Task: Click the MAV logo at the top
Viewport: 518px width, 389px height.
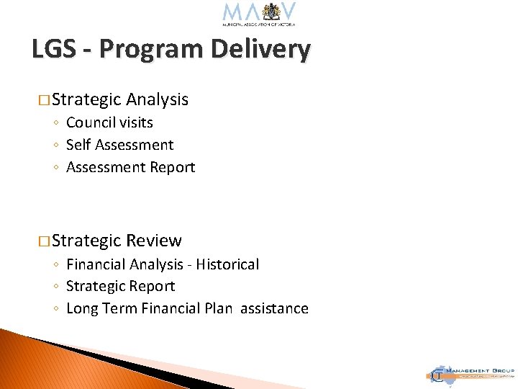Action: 259,14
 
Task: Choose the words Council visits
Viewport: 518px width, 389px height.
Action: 109,122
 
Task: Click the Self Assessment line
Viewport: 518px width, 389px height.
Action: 119,145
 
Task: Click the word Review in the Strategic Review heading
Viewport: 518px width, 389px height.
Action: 154,241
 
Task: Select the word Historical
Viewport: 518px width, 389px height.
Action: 226,264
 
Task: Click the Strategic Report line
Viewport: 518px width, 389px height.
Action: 120,286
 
